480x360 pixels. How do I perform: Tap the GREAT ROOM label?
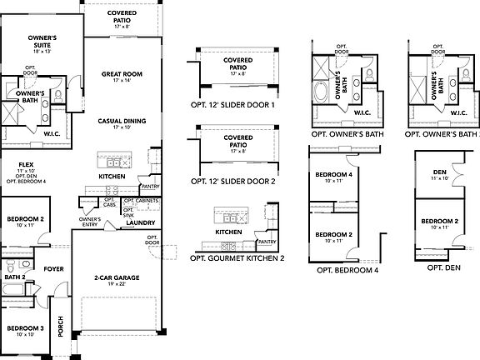click(x=122, y=74)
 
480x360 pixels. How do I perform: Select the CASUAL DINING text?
click(x=122, y=121)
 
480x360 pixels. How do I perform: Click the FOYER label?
click(x=54, y=269)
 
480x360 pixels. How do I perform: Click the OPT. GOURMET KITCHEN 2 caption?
click(x=237, y=258)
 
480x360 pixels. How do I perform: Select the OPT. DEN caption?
click(x=443, y=268)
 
